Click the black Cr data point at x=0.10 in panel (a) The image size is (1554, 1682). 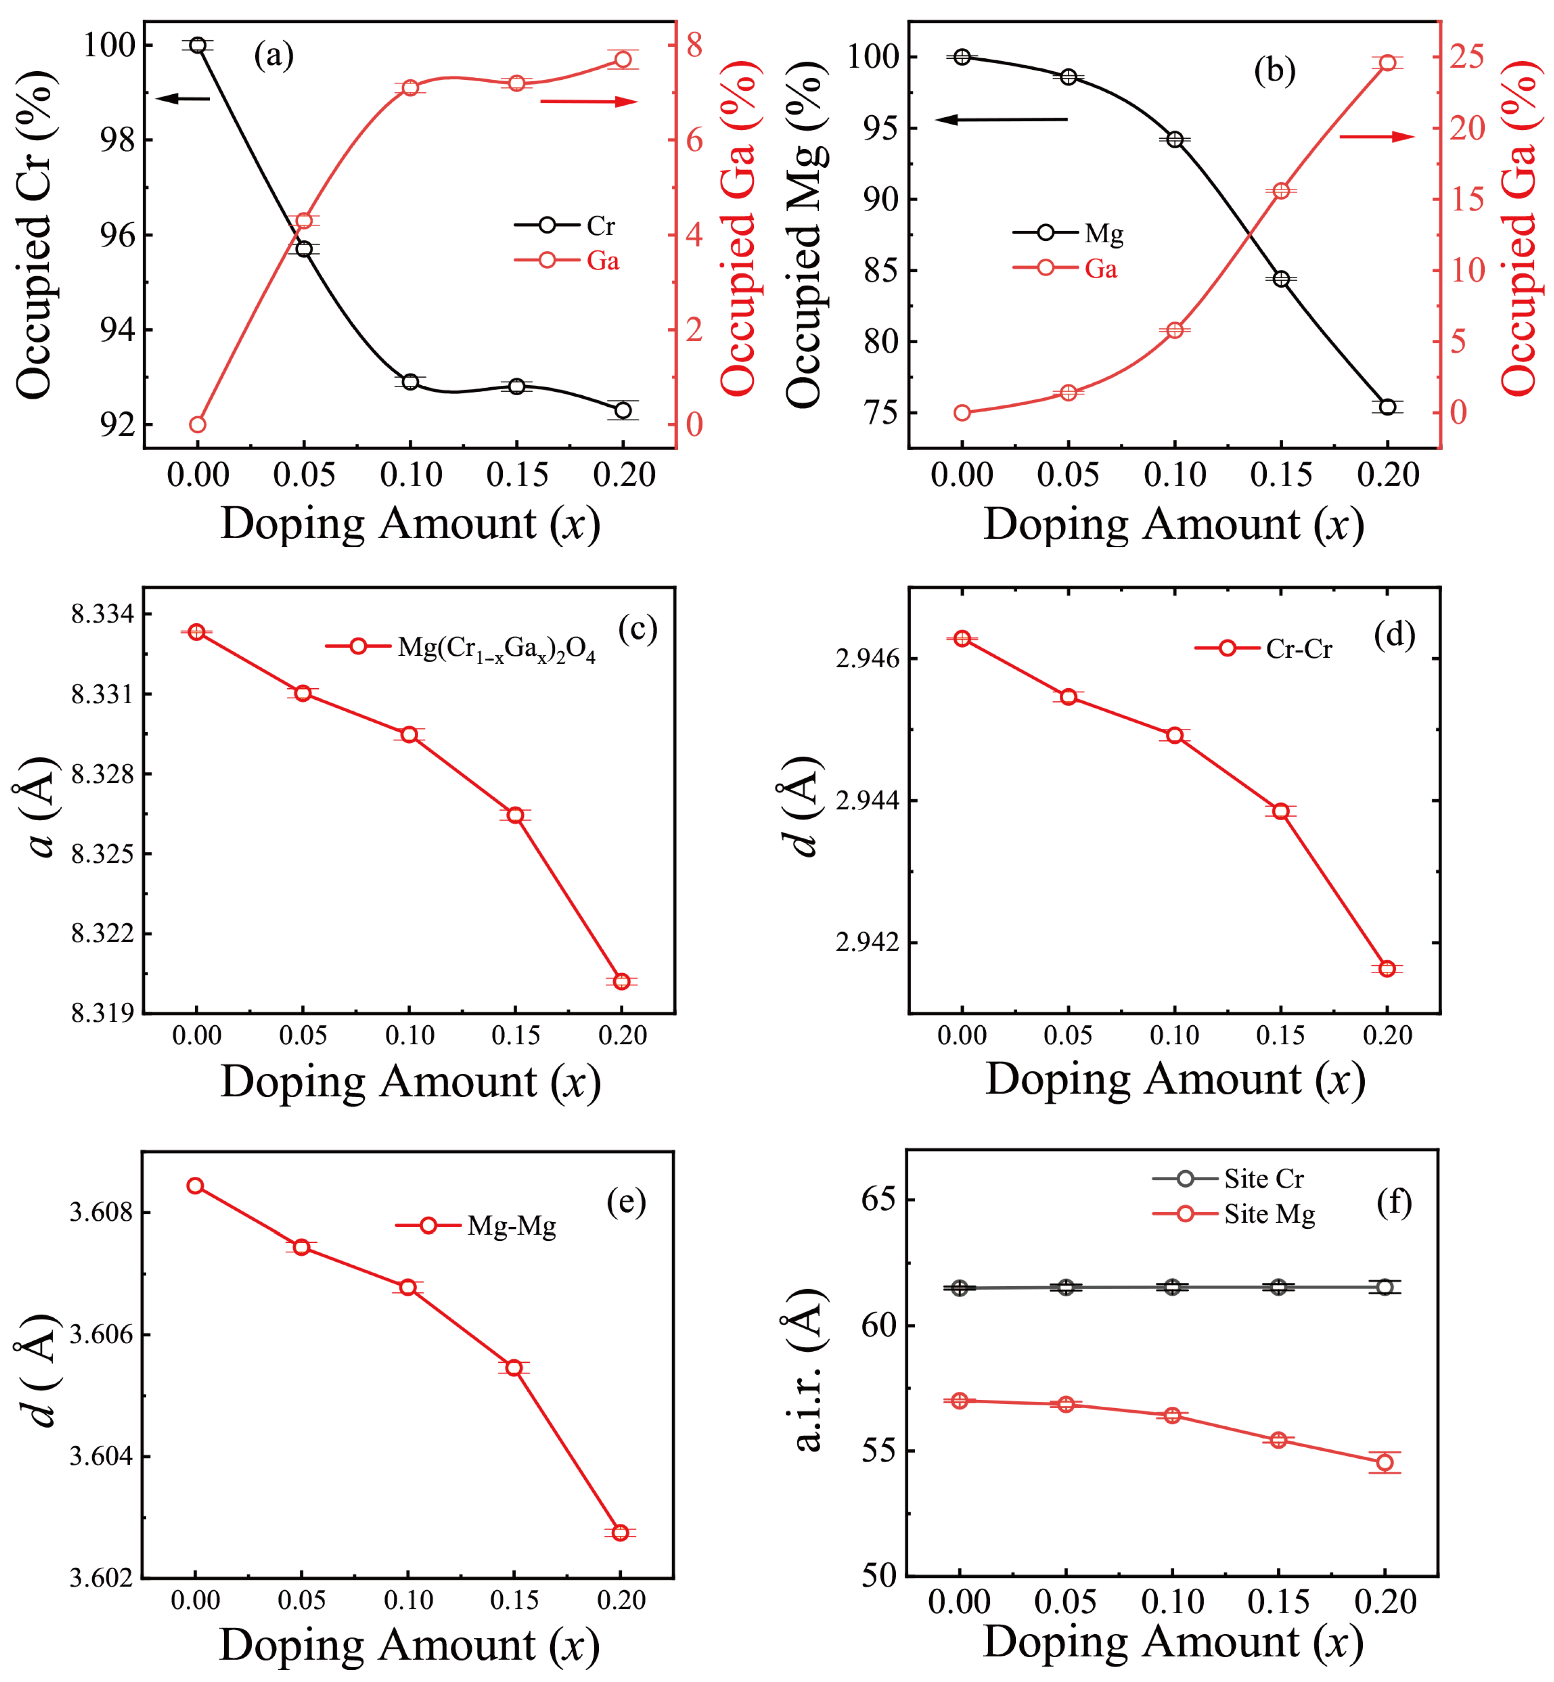coord(410,382)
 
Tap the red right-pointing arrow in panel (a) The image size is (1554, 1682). coord(588,102)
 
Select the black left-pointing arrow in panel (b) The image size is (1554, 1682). coord(1000,119)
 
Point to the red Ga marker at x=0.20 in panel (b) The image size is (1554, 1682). coord(1388,63)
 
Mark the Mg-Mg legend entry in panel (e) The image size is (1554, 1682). coord(477,1226)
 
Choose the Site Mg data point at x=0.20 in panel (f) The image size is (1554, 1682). coord(1385,1463)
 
